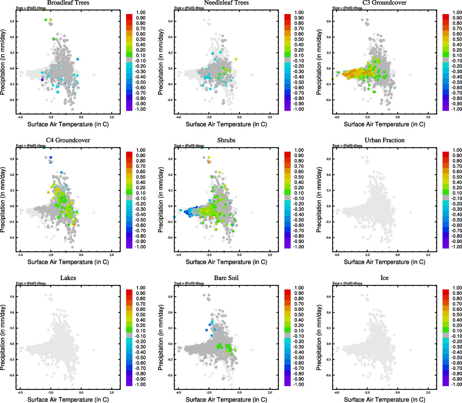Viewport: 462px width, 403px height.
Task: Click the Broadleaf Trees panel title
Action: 68,3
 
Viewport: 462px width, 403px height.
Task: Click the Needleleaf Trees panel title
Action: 226,3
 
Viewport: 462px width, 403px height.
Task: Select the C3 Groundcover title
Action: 384,3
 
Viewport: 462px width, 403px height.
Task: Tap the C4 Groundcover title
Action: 68,140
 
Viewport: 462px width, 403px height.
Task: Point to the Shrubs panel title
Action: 226,140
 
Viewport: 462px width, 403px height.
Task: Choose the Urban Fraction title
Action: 384,140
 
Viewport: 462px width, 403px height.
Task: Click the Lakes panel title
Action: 68,278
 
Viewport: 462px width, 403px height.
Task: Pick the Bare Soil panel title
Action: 226,278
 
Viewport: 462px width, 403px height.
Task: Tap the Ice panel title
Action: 384,278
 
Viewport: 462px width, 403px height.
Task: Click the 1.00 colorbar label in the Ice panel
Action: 457,288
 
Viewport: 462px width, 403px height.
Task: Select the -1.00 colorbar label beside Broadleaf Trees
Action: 140,109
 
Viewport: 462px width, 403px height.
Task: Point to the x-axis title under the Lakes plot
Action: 68,399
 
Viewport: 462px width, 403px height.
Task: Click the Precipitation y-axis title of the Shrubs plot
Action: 161,200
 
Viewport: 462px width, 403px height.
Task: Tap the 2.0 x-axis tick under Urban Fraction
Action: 428,255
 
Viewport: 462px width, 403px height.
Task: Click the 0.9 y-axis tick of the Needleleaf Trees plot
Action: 171,21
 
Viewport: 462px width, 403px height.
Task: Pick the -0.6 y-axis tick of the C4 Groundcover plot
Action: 12,238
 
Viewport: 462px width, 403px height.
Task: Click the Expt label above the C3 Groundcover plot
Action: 347,8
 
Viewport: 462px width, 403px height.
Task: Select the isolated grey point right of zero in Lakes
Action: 94,350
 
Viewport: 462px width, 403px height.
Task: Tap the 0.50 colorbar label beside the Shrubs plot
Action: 299,177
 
